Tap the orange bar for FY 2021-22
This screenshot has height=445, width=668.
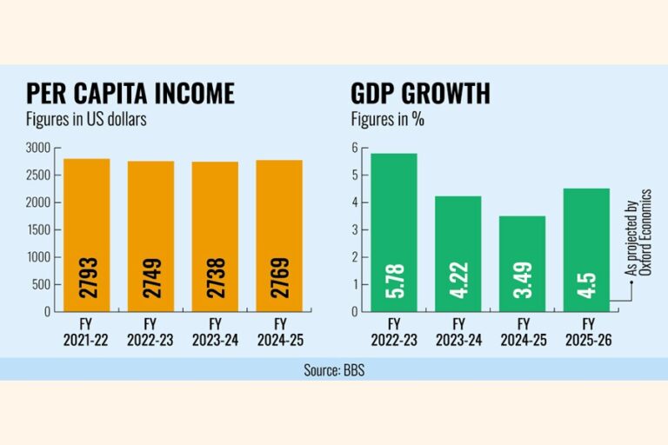[86, 235]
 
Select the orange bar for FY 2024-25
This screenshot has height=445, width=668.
[279, 236]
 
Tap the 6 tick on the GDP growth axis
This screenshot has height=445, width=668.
[355, 149]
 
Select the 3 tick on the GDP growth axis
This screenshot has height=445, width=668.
[355, 229]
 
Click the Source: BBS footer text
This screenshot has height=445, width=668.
[334, 369]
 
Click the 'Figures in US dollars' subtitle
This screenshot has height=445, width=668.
[86, 120]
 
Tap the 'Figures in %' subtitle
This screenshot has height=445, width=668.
[388, 120]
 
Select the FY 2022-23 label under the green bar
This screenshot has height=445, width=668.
[394, 332]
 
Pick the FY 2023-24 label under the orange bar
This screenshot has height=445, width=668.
[215, 332]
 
